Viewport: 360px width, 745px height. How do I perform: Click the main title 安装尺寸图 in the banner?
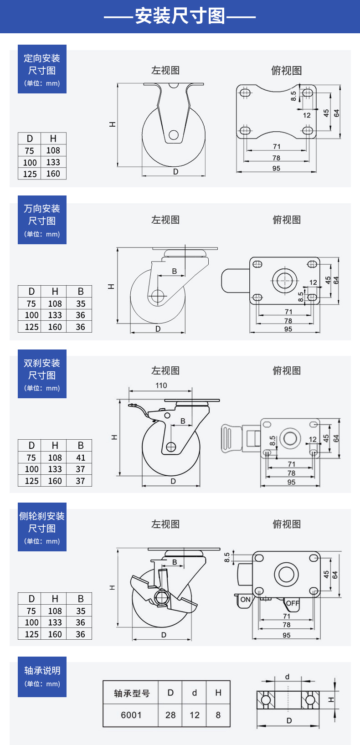[x=180, y=16]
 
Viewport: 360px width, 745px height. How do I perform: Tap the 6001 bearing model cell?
[x=131, y=715]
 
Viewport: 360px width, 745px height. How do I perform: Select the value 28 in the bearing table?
[x=170, y=715]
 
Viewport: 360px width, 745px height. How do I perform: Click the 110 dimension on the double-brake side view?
[x=161, y=385]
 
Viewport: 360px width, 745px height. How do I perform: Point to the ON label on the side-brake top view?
[x=245, y=600]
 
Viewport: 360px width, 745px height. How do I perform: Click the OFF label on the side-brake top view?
[x=293, y=603]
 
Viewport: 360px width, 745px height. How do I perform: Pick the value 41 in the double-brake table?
[x=80, y=457]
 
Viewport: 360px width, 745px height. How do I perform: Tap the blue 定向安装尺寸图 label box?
[x=42, y=69]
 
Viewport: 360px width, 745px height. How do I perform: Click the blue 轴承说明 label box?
[x=42, y=677]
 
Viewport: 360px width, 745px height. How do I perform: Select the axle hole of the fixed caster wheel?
[x=174, y=135]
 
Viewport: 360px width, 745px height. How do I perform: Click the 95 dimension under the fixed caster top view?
[x=276, y=168]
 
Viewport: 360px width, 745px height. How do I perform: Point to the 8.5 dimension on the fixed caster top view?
[x=293, y=96]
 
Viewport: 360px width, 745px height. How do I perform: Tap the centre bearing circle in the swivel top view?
[x=285, y=280]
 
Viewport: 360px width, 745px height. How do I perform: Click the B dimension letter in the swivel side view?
[x=174, y=271]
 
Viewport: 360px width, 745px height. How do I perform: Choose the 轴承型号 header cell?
[x=131, y=693]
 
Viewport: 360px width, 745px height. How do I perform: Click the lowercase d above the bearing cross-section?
[x=287, y=677]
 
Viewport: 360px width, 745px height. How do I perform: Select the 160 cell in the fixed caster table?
[x=53, y=174]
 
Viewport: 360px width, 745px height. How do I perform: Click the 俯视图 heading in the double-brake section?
[x=287, y=370]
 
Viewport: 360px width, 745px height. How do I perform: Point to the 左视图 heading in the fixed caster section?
[x=165, y=70]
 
